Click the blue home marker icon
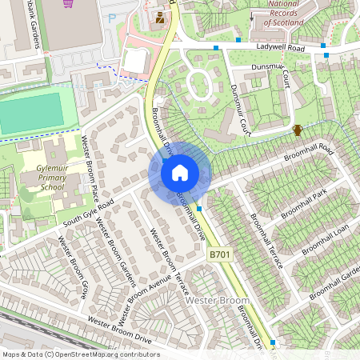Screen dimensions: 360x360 (x=180, y=172)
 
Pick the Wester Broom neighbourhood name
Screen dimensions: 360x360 (x=218, y=300)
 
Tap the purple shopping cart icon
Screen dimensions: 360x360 (x=69, y=3)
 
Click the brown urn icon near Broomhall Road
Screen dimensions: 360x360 (x=298, y=130)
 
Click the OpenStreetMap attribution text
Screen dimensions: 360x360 (x=80, y=354)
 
